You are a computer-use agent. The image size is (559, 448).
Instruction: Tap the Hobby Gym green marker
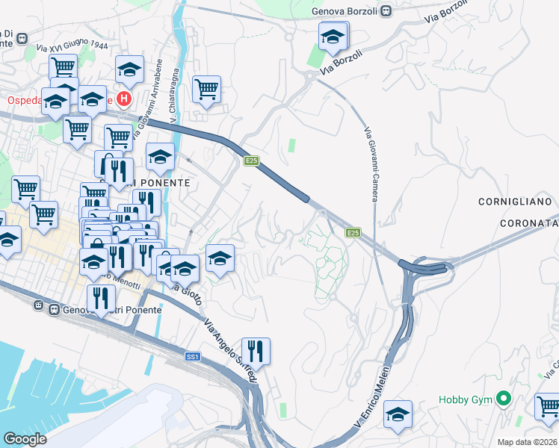click(504, 399)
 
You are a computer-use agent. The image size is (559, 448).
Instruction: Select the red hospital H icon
click(124, 98)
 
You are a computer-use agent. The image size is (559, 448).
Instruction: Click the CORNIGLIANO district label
click(515, 202)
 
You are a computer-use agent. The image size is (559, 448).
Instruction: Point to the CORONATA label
click(528, 222)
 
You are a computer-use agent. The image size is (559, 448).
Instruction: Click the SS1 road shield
click(193, 358)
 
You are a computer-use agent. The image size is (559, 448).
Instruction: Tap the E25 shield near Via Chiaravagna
click(251, 161)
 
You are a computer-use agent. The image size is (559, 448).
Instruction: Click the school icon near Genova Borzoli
click(333, 37)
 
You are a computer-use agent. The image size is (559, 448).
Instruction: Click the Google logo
click(25, 439)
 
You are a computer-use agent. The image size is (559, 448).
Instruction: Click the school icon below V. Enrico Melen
click(398, 414)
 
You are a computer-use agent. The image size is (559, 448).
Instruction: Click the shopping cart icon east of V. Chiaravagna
click(206, 90)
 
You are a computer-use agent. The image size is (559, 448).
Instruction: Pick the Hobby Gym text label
click(466, 400)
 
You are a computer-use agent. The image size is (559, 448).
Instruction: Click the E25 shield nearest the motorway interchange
click(353, 234)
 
